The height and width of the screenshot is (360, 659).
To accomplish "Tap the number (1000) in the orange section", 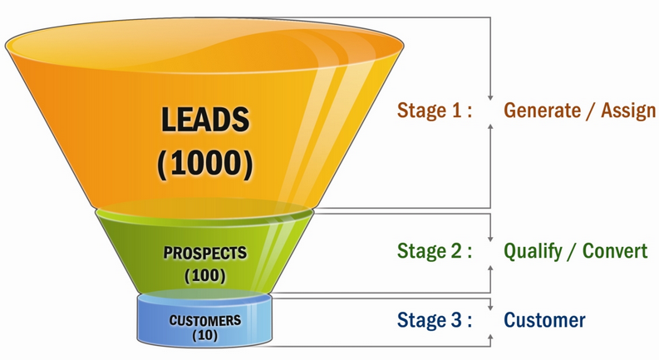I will pos(204,161).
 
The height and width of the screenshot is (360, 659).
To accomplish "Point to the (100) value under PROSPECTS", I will pos(204,272).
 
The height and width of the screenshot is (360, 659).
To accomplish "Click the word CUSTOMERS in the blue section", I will pos(205,320).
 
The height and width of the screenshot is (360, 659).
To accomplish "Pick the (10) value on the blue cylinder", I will pos(204,335).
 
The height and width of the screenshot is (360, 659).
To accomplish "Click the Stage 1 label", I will pos(435,111).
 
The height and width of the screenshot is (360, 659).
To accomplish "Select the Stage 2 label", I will pos(435,252).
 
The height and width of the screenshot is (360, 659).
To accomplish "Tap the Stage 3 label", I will pos(435,320).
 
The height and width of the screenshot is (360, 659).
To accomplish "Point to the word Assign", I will pos(626,111).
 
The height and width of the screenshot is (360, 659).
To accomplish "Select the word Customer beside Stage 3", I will pos(544,320).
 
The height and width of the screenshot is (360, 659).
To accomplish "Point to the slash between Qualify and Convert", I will pos(573,252).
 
